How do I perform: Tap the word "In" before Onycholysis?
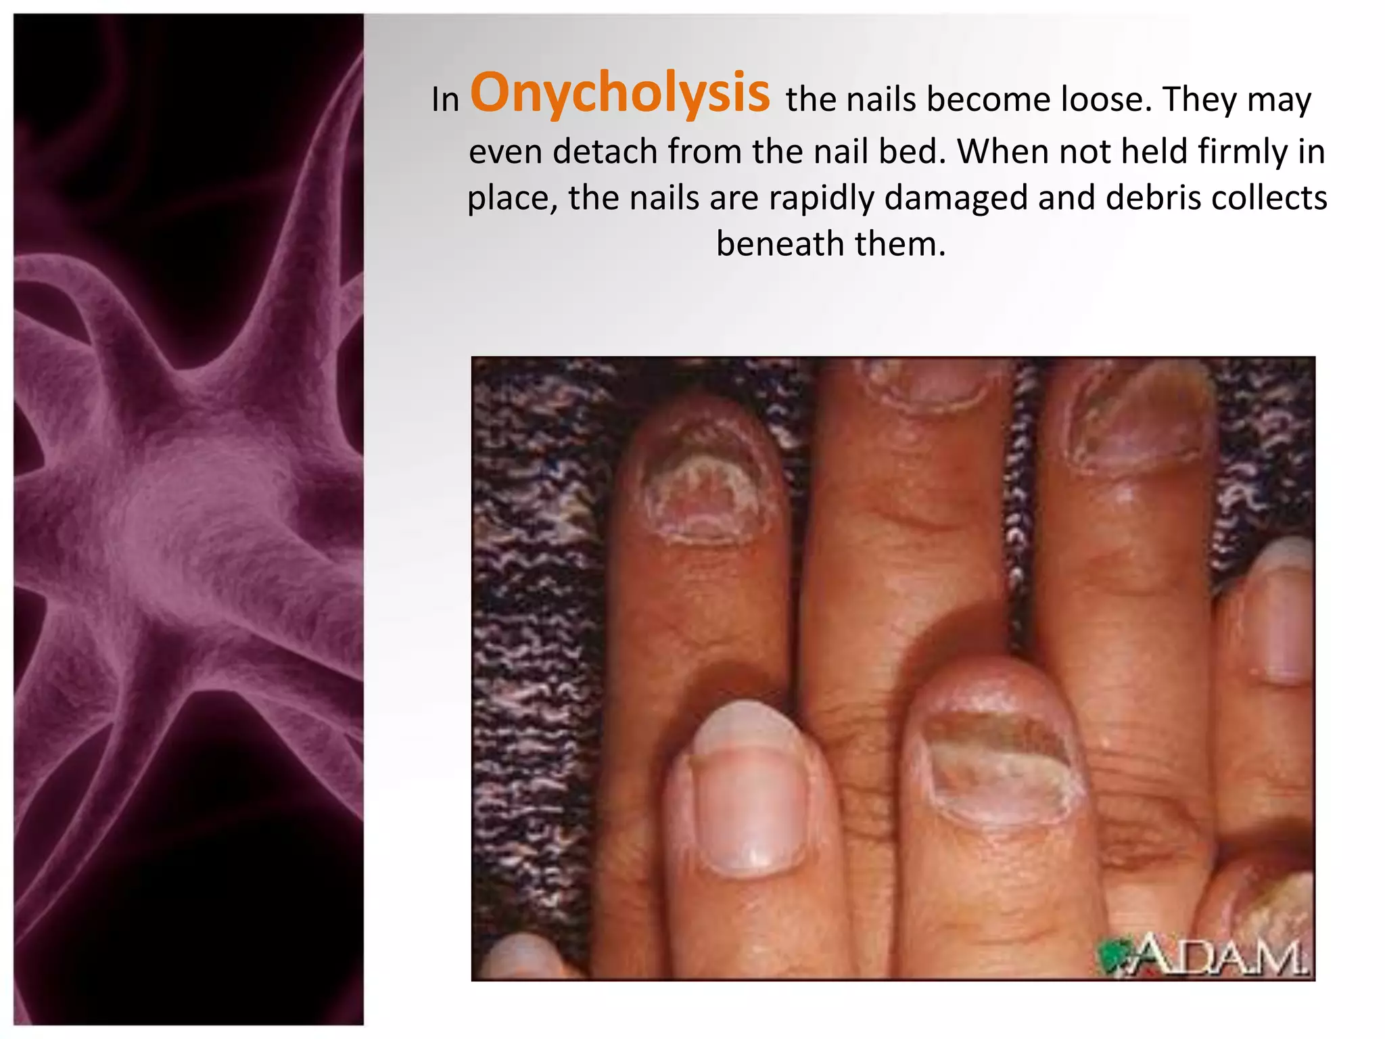pyautogui.click(x=445, y=100)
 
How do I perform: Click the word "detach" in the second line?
pyautogui.click(x=605, y=151)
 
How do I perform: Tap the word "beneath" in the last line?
pyautogui.click(x=779, y=244)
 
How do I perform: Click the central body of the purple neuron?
pyautogui.click(x=196, y=528)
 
